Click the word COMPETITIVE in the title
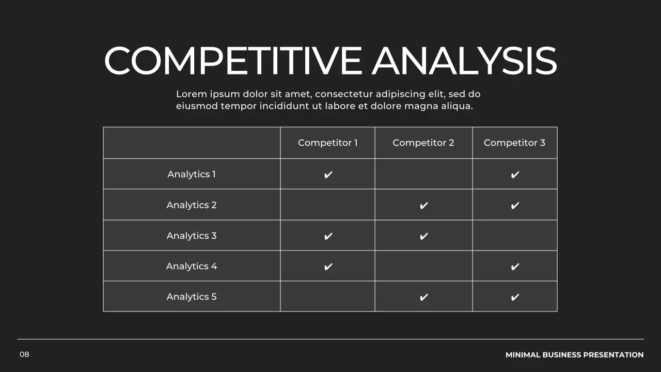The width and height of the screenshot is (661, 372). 233,61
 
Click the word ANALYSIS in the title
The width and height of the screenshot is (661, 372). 464,61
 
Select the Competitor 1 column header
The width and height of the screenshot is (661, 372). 327,143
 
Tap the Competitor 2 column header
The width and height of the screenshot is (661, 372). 423,143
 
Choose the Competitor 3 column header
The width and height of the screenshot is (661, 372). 514,143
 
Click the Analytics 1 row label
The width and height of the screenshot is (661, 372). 192,174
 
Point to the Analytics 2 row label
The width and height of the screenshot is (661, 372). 192,205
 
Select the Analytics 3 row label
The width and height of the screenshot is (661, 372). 192,236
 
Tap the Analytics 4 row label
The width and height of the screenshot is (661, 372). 192,266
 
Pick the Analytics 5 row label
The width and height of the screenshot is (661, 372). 192,297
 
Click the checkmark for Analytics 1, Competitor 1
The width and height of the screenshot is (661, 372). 328,175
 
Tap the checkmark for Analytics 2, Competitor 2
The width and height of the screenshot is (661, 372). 423,206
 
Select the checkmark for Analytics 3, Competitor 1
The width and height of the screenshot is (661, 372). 328,236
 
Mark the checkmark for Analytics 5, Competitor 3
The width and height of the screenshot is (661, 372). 515,297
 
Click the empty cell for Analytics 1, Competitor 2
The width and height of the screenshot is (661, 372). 423,174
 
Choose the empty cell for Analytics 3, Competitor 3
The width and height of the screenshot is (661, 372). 515,236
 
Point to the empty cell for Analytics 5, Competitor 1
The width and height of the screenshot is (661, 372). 327,297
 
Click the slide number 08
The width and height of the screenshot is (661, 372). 25,354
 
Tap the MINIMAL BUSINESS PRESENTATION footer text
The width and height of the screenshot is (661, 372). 574,355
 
